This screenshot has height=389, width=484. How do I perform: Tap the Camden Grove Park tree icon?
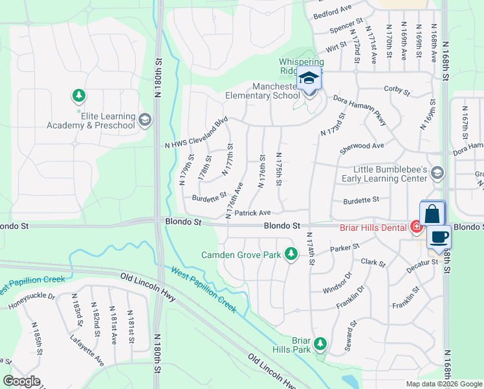point(292,254)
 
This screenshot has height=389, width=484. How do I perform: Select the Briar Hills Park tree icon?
point(320,343)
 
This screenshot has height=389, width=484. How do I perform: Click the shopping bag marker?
point(432,214)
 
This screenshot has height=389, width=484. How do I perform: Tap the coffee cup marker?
point(439,238)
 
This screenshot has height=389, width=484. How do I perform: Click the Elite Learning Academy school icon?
point(145,119)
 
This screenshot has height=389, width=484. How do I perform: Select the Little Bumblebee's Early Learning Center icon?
point(438,172)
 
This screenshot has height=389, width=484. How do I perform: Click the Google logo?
point(21,381)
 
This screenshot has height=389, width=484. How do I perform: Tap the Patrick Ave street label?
point(252,213)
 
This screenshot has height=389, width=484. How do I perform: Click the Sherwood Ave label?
point(362,147)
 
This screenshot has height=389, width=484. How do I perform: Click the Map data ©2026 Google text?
point(443,384)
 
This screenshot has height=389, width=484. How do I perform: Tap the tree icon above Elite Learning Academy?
point(79,96)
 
